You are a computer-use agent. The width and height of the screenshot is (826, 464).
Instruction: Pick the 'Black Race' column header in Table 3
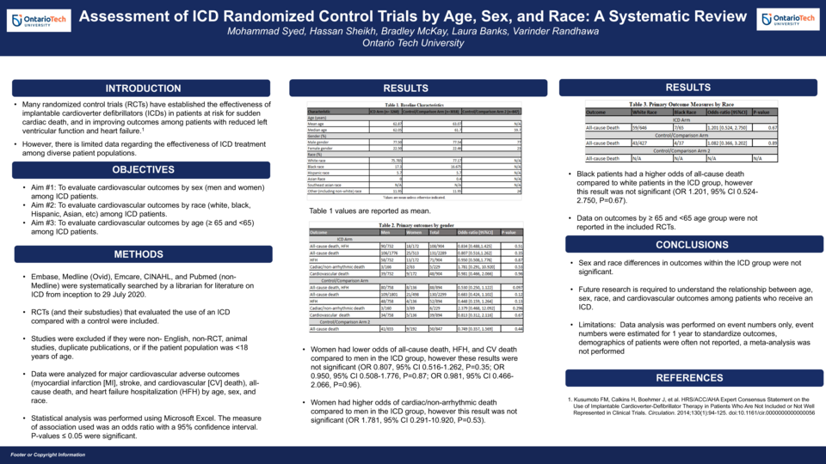coord(686,112)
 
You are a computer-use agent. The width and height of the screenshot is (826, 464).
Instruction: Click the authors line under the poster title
coord(413,32)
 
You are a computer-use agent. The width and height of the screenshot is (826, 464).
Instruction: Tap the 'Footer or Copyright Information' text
coord(48,454)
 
